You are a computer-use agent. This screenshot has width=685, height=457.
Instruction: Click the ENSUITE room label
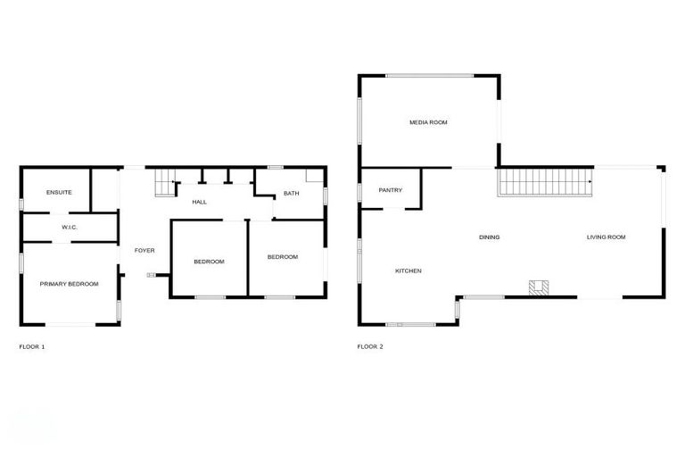[x=59, y=192]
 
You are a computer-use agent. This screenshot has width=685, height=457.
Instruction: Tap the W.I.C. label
[x=70, y=228]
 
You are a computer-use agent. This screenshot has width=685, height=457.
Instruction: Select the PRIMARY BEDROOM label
[x=69, y=284]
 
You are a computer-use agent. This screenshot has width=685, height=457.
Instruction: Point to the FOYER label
[x=144, y=251]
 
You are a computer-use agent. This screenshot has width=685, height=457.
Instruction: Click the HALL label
[x=200, y=202]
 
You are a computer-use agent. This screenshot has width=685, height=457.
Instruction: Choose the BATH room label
[x=292, y=194]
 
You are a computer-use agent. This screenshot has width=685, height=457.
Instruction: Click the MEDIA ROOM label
[x=428, y=121]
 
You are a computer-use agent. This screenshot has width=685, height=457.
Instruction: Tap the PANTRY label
[x=390, y=190]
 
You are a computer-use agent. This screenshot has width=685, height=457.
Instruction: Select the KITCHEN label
[x=409, y=271]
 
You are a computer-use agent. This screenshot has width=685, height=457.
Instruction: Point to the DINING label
[x=489, y=237]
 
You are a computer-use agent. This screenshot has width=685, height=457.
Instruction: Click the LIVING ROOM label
[x=606, y=237]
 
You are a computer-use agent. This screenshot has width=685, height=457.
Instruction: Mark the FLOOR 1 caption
[x=32, y=346]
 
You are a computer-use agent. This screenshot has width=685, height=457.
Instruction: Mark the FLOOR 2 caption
[x=370, y=346]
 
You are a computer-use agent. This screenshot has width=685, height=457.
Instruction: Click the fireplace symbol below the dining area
[x=539, y=287]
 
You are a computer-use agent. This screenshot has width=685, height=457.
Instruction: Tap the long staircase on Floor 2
[x=545, y=184]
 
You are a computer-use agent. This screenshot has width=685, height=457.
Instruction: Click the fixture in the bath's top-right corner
[x=315, y=176]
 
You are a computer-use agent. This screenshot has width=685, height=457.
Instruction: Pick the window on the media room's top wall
[x=429, y=76]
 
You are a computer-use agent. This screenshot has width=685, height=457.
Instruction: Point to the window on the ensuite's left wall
[x=21, y=204]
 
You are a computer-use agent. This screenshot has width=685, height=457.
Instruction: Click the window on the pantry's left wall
[x=360, y=190]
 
